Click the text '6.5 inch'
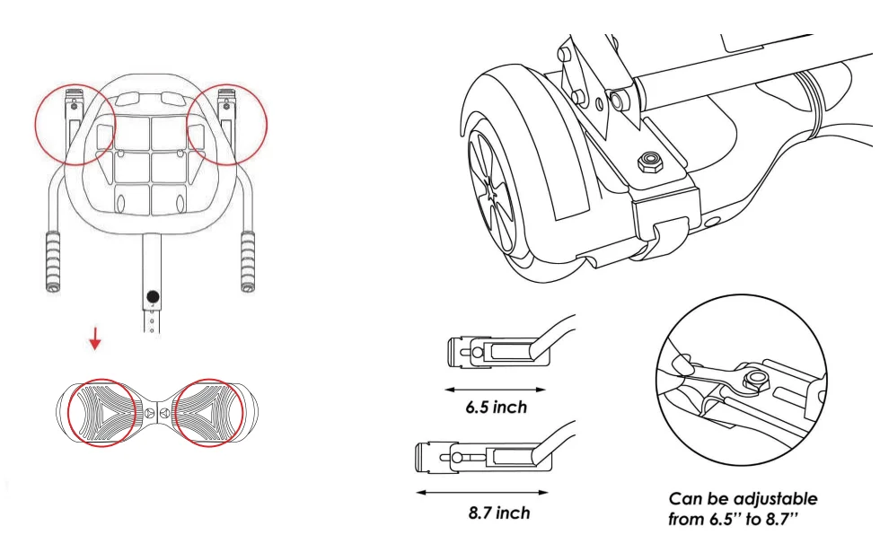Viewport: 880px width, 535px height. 496,408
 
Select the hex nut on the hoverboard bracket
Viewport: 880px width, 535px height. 647,162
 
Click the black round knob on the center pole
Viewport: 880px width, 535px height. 153,297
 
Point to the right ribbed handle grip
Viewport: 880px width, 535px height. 249,260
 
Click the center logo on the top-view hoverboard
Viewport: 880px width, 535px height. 152,413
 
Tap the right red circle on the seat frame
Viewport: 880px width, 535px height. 227,125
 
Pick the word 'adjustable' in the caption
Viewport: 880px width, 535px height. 773,498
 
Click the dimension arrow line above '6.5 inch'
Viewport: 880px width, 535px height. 497,390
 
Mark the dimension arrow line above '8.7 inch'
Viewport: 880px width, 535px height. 482,492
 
